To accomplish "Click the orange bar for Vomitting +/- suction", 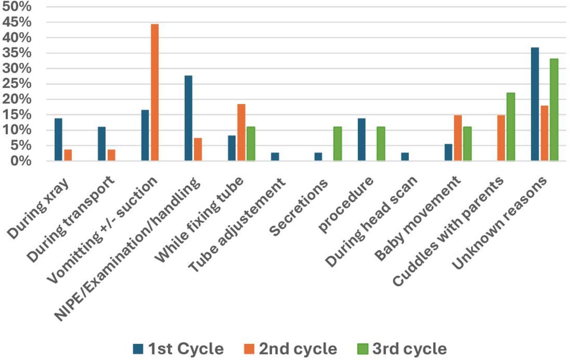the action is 155,92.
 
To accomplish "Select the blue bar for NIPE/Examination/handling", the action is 188,118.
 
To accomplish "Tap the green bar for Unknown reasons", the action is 554,110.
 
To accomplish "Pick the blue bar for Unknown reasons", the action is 535,104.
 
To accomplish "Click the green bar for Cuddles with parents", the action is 511,127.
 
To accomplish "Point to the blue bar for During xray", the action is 58,139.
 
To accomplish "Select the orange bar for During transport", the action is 111,155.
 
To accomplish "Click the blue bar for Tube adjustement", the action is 275,156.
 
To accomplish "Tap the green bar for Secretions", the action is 338,143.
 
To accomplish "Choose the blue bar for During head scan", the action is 405,156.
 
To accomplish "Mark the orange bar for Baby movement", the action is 458,138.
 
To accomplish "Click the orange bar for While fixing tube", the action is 241,132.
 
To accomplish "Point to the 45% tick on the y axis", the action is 17,22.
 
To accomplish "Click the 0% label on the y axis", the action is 21,161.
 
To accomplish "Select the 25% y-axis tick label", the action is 17,84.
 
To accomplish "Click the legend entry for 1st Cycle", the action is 179,349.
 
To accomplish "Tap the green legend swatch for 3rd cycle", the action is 362,349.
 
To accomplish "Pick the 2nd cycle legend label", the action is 298,349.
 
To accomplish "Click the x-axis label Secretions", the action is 298,207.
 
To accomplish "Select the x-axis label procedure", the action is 346,205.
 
